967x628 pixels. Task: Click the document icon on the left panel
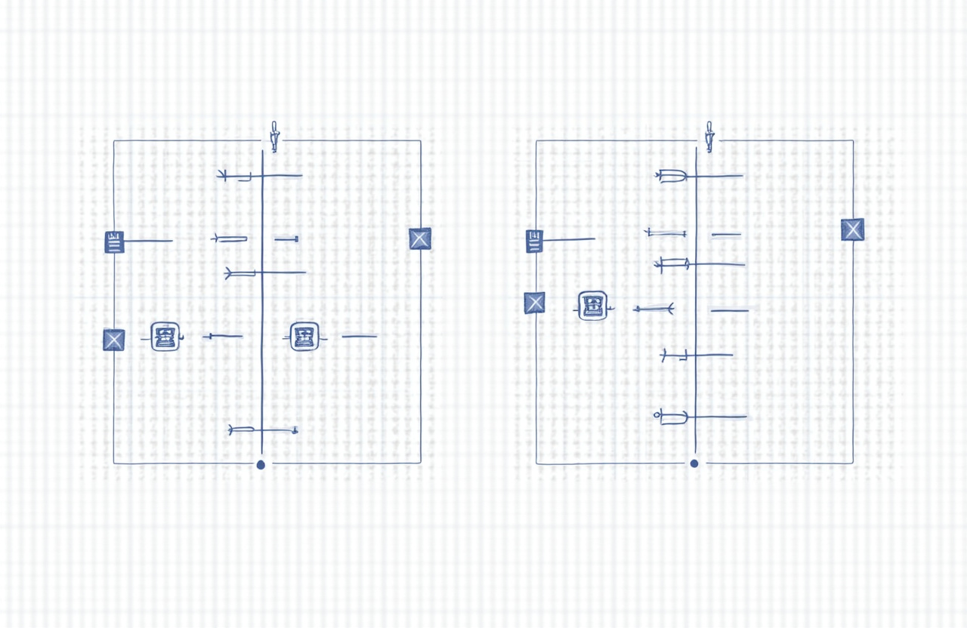tap(114, 242)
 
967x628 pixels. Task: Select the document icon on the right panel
tap(534, 242)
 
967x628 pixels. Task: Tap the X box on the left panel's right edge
tap(420, 239)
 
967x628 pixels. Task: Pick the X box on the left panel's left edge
tap(114, 340)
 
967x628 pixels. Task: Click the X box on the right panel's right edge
tap(852, 229)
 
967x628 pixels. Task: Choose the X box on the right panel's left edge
tap(534, 303)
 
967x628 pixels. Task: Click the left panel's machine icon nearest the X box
tap(165, 337)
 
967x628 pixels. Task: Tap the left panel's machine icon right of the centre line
tap(304, 337)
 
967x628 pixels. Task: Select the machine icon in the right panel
tap(593, 306)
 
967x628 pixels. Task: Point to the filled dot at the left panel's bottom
tap(261, 465)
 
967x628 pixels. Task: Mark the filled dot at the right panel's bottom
tap(694, 463)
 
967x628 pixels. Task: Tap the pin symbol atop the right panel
tap(709, 137)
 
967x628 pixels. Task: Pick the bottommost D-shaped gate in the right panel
tap(674, 417)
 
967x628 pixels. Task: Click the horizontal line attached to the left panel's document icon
tap(148, 242)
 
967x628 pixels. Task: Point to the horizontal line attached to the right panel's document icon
tap(569, 240)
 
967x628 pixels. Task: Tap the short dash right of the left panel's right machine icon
tap(359, 336)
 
